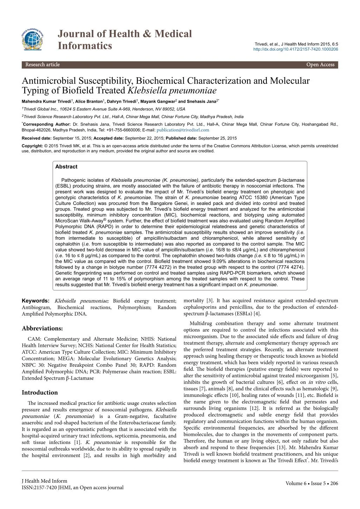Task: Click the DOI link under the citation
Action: [296, 49]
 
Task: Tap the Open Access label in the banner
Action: [320, 65]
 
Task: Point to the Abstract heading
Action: [66, 167]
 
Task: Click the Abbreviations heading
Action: [42, 328]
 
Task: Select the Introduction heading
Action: [40, 393]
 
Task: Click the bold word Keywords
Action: [36, 301]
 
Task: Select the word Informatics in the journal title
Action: [84, 46]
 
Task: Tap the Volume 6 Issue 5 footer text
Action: [312, 483]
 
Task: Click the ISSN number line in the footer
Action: [72, 487]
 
